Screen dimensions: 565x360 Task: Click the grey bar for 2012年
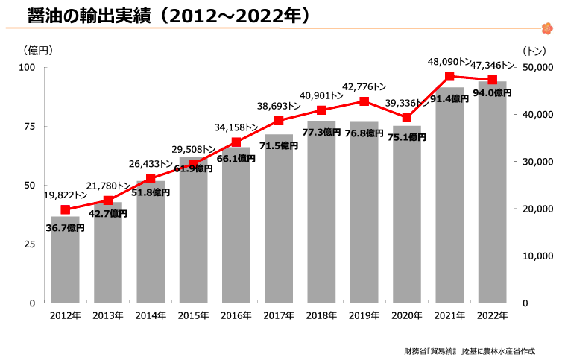65,259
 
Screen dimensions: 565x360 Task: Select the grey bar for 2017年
279,218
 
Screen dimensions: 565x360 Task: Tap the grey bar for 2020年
407,215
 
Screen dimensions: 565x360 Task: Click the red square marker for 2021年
449,76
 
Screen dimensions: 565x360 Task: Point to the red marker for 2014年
151,178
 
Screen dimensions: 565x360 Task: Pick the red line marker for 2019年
364,101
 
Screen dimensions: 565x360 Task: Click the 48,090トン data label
449,62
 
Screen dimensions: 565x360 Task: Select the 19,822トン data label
66,195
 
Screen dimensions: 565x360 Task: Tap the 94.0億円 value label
492,93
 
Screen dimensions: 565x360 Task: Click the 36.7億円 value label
65,228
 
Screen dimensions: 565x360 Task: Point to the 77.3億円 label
321,132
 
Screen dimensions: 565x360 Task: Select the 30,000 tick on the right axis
537,162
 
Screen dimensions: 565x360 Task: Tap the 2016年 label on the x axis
236,316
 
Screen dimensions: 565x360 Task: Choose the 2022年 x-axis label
492,316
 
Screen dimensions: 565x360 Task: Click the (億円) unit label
38,51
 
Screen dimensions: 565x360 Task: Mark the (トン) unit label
534,51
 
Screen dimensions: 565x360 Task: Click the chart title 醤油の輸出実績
89,16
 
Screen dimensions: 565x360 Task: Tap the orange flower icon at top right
547,28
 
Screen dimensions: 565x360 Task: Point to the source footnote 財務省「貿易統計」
432,351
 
